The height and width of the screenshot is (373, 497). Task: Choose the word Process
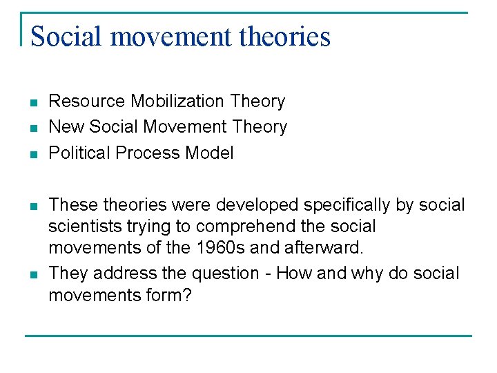pyautogui.click(x=144, y=153)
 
